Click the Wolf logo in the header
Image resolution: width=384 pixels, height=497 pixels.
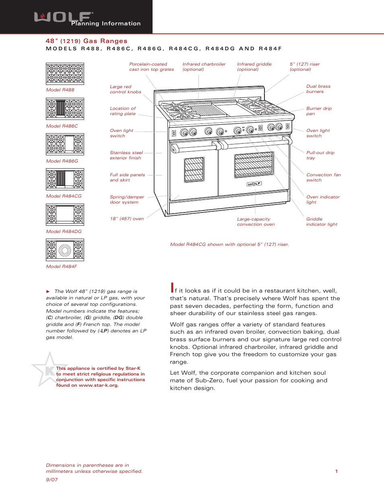64,17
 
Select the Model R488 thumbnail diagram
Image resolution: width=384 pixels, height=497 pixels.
65,74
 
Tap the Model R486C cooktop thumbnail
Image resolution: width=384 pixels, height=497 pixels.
65,109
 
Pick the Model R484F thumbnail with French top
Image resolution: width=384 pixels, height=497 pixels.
65,250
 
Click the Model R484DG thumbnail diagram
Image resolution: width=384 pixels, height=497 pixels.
65,214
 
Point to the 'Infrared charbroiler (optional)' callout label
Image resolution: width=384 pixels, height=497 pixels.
204,67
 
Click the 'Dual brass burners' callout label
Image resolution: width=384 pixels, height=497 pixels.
318,89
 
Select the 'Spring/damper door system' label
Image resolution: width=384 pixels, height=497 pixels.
127,200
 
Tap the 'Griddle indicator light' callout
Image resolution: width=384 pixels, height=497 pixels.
321,222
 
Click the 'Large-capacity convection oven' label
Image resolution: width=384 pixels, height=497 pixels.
256,222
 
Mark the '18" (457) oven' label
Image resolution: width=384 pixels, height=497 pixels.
127,219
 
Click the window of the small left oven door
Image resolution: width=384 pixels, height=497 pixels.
194,170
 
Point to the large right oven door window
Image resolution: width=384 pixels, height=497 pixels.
254,165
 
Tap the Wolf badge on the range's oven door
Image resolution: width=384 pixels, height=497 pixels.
254,184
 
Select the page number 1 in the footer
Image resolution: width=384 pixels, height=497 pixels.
337,471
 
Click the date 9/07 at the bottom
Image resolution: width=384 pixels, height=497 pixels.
52,480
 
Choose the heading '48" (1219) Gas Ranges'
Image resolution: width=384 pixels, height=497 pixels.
87,41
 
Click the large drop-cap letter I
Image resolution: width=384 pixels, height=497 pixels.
172,288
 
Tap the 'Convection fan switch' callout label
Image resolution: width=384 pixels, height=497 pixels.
323,177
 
